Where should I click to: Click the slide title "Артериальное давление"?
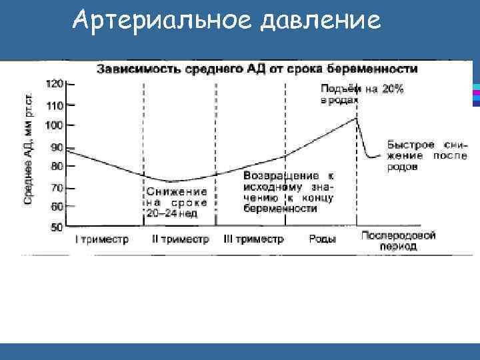[227, 22]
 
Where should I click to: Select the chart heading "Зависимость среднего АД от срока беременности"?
[259, 69]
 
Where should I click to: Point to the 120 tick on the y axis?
[55, 84]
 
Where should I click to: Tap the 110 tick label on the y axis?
[55, 105]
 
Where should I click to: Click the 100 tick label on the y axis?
[55, 125]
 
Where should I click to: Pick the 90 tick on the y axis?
[57, 147]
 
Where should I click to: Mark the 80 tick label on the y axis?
[57, 166]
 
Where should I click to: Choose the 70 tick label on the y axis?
[57, 187]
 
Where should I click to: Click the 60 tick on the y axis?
[57, 207]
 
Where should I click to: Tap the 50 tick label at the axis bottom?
[57, 227]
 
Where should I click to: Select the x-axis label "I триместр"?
[101, 239]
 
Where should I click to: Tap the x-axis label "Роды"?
[323, 239]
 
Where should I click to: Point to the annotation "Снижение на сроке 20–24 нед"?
[177, 202]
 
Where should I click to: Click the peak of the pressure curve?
[357, 119]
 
